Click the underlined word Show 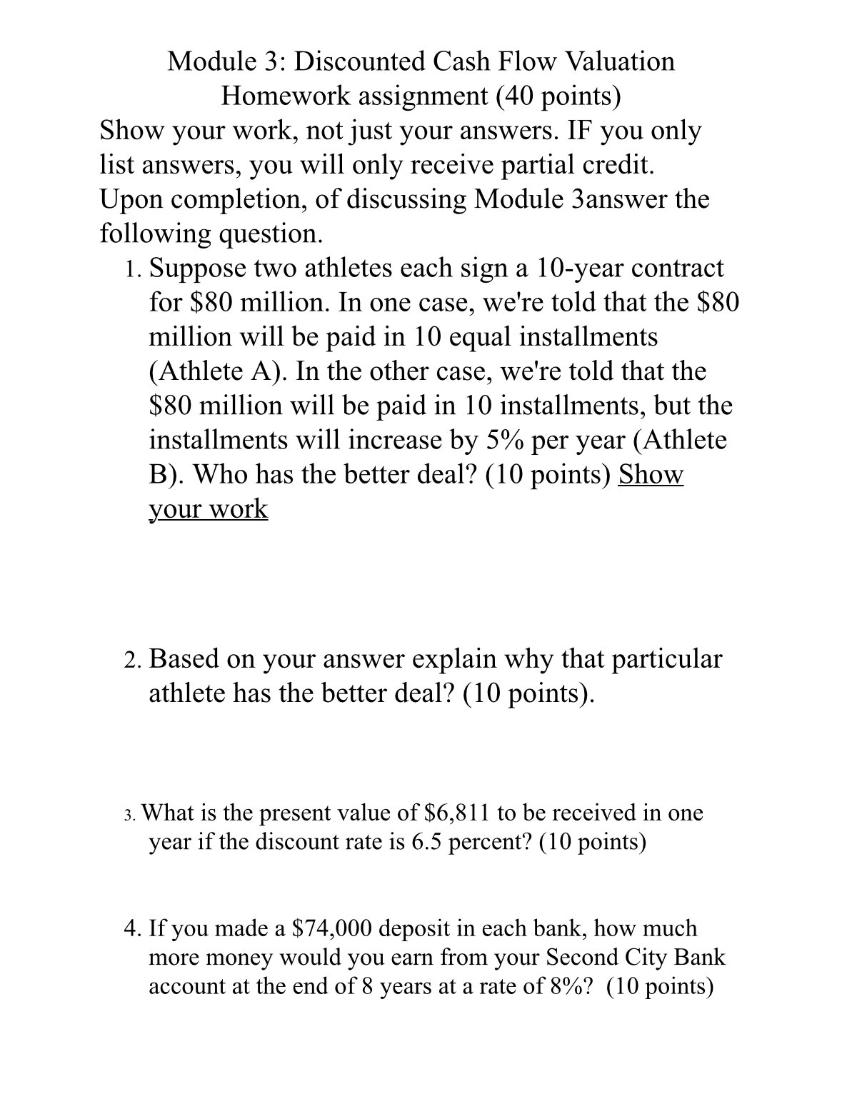(x=651, y=475)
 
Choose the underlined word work (x=234, y=509)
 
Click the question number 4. (x=131, y=928)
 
